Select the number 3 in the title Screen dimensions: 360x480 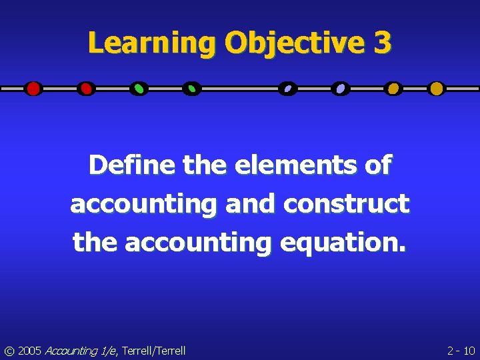point(383,44)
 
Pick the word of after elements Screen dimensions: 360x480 point(379,165)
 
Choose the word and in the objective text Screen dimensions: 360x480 point(250,204)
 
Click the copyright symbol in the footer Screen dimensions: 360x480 point(9,351)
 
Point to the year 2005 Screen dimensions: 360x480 point(30,351)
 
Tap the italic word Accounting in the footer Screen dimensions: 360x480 point(71,351)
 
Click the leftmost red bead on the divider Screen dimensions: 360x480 point(33,89)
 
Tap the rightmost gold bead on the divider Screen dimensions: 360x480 point(436,89)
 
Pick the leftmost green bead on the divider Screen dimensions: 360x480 point(139,89)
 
